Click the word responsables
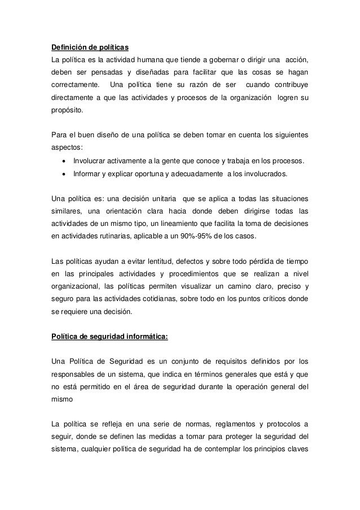click(76, 374)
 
